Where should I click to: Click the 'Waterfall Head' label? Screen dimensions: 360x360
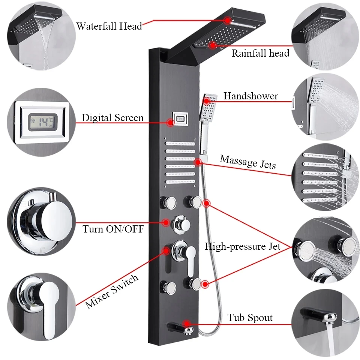click(x=109, y=26)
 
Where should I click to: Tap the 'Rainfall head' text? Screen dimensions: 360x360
click(x=260, y=53)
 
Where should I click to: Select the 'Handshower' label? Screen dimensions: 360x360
click(x=250, y=96)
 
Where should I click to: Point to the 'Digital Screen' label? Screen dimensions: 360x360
click(x=112, y=118)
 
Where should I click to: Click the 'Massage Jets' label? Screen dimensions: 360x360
click(x=248, y=162)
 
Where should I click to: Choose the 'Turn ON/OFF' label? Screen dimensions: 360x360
click(x=113, y=229)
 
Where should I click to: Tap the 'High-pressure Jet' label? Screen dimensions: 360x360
click(x=243, y=246)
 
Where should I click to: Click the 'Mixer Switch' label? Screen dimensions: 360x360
click(x=112, y=291)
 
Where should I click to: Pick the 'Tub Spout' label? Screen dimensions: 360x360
click(x=250, y=318)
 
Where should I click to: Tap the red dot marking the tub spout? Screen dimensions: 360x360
click(x=186, y=323)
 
